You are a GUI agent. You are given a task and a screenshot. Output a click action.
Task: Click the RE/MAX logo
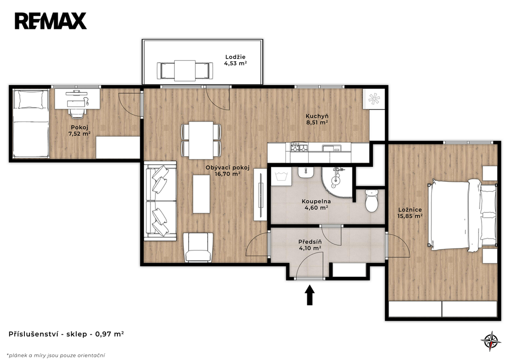[x=50, y=21]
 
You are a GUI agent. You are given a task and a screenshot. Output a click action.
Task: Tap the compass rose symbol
[x=491, y=341]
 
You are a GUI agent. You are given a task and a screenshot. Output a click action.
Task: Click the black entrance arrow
[x=310, y=295]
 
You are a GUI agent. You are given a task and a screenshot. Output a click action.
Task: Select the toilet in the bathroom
[x=372, y=200]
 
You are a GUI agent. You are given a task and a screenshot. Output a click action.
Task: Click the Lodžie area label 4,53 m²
[x=235, y=63]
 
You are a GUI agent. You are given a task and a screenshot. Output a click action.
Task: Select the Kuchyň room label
[x=317, y=116]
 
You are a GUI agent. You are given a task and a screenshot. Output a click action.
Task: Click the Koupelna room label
[x=316, y=201]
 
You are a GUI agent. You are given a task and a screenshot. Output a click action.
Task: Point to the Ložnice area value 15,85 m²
[x=410, y=216]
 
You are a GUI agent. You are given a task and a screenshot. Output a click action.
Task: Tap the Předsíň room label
[x=310, y=241]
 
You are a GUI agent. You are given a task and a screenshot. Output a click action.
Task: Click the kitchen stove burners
[x=299, y=147]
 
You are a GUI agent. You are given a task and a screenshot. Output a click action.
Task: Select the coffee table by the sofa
[x=201, y=194]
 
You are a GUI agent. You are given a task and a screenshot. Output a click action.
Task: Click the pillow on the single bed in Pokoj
[x=31, y=100]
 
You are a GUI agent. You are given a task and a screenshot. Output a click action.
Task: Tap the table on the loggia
[x=185, y=70]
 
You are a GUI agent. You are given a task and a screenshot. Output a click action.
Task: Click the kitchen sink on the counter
[x=331, y=148]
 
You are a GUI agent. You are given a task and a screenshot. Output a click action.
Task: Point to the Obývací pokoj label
[x=227, y=168]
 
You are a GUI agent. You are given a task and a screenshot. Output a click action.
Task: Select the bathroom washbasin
[x=305, y=172]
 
